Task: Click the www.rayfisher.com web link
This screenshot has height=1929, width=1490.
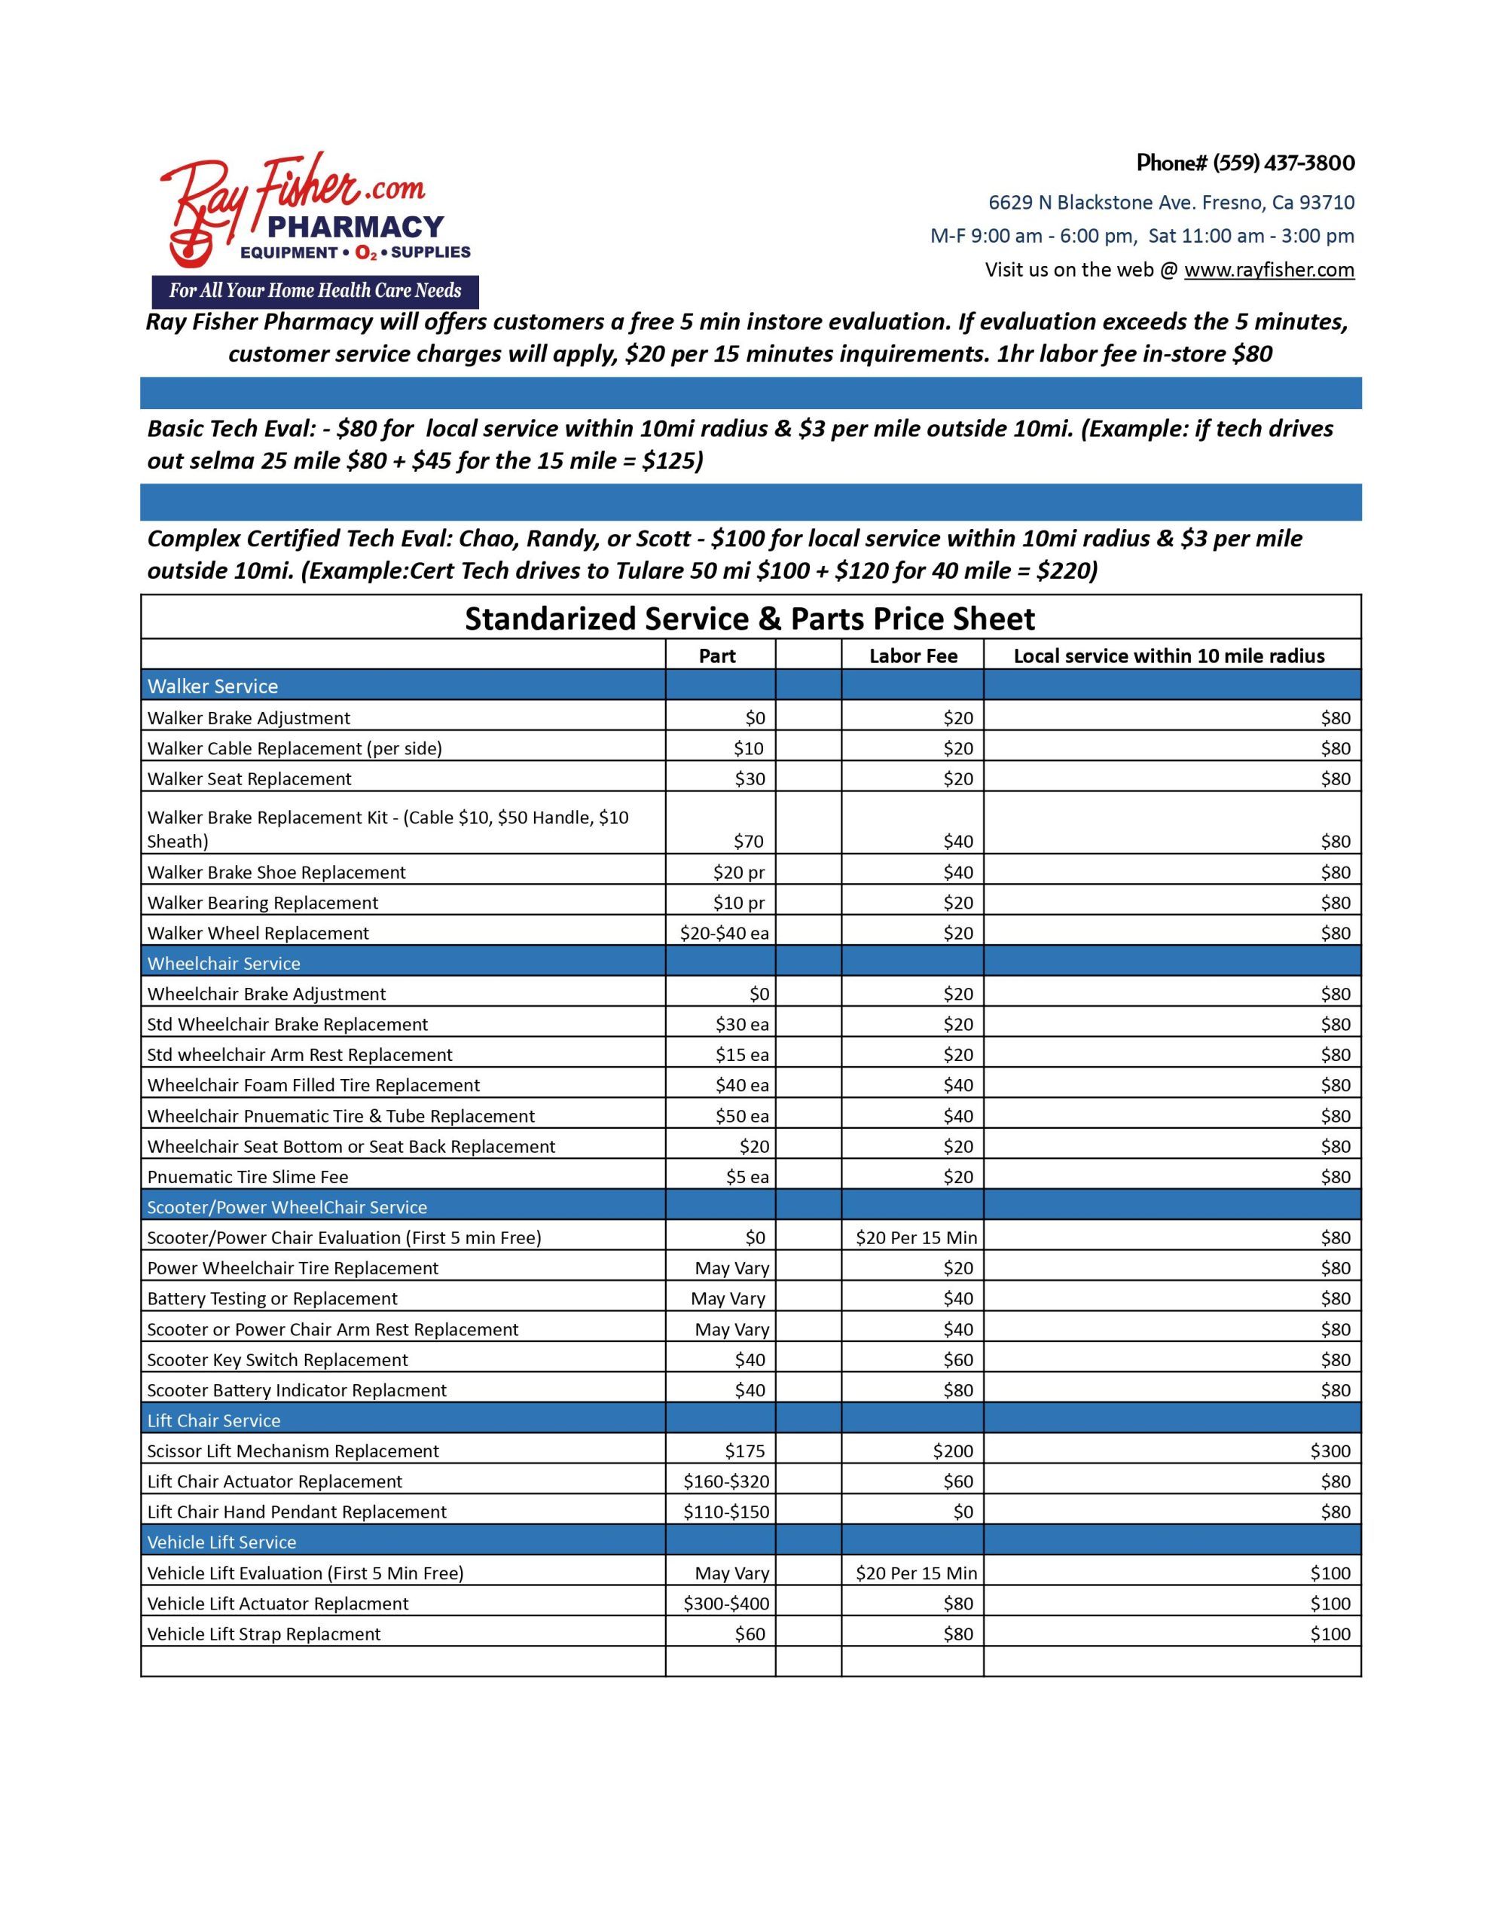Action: [x=1269, y=270]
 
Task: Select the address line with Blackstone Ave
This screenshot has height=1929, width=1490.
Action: [x=1171, y=202]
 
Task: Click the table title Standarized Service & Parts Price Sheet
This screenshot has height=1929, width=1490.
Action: [x=749, y=619]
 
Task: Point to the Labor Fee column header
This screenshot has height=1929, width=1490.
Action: [x=912, y=656]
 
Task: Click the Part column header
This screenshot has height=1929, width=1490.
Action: [x=716, y=656]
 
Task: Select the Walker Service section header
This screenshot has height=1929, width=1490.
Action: [x=213, y=686]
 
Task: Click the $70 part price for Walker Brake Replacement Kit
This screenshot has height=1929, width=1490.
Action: [x=749, y=841]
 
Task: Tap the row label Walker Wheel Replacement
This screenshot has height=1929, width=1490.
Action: [x=258, y=933]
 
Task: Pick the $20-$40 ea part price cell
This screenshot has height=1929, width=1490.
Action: [x=723, y=933]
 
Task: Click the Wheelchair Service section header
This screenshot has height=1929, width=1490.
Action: [x=224, y=964]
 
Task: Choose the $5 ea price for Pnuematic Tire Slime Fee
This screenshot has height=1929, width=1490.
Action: [x=747, y=1176]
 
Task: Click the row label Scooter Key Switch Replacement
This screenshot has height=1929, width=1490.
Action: [x=277, y=1359]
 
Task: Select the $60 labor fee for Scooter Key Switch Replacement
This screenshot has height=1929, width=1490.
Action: [x=957, y=1359]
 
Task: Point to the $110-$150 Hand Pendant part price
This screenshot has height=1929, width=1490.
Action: [x=726, y=1512]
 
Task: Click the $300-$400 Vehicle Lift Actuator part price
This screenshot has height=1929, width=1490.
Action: [x=726, y=1603]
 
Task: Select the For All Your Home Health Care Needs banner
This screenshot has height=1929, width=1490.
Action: [x=316, y=291]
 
